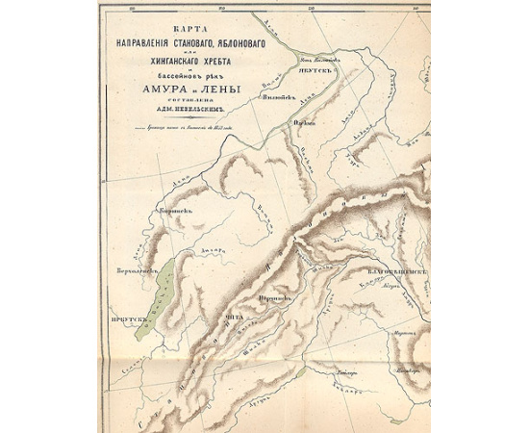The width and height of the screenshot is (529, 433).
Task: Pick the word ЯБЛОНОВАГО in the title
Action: click(220, 43)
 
